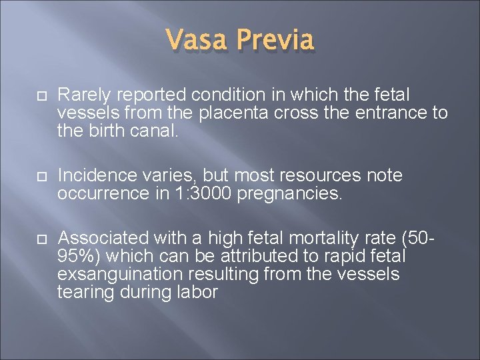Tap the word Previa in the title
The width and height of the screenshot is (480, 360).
click(275, 40)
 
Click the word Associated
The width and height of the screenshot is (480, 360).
click(103, 239)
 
